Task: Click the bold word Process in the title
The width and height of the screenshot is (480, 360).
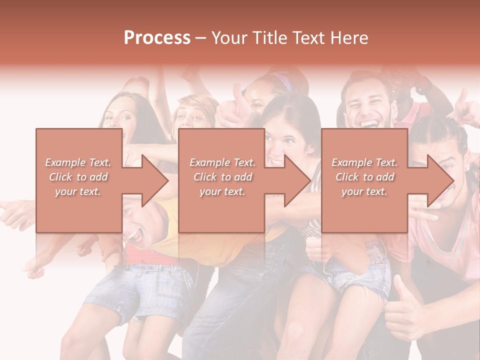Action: (157, 38)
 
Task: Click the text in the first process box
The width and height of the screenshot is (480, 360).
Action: (78, 177)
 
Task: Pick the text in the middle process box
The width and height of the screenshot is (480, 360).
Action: (222, 177)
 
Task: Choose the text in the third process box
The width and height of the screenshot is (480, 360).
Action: (364, 177)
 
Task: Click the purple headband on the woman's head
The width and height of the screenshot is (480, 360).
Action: (282, 80)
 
